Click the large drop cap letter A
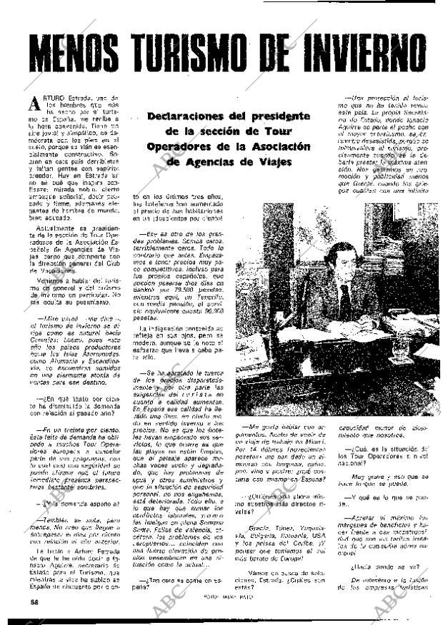(34, 103)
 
